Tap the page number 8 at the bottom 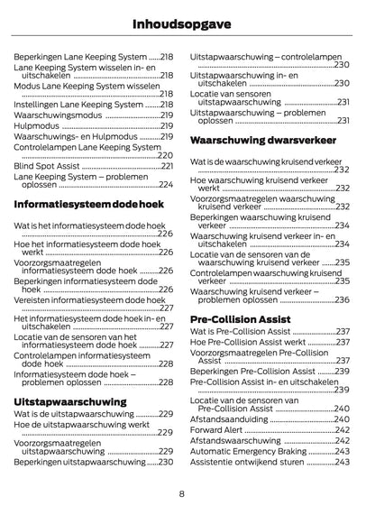[x=181, y=492]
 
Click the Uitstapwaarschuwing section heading [x=70, y=399]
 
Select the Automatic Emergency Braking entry [x=247, y=451]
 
